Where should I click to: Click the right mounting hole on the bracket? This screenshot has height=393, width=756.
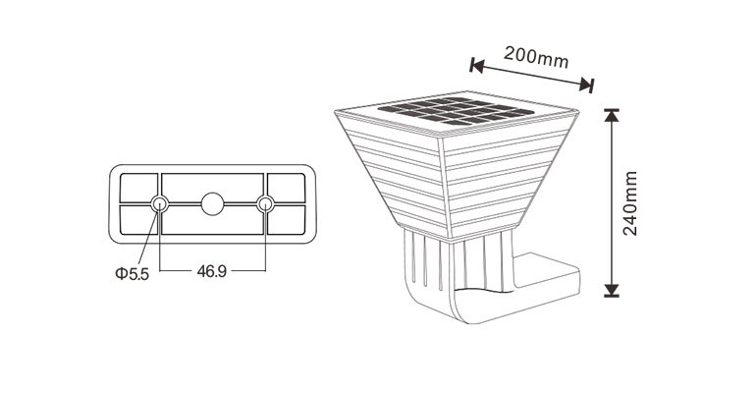(264, 203)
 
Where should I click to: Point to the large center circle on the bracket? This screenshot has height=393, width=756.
(212, 204)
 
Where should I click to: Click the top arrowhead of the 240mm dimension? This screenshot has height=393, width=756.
(612, 114)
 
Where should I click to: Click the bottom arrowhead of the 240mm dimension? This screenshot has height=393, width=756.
(612, 289)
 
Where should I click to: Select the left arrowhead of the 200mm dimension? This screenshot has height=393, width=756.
(476, 66)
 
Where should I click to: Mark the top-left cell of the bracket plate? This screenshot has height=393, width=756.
(138, 187)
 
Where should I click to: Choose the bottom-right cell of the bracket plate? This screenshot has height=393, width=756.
(286, 220)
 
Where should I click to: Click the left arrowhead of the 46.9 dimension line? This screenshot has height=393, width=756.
(164, 268)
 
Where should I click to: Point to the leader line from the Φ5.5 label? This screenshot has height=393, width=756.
(150, 236)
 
